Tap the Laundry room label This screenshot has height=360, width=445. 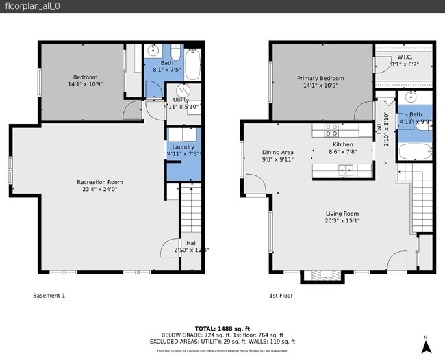click(183, 146)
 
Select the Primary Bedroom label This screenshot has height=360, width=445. click(320, 79)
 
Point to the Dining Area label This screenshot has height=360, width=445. click(277, 152)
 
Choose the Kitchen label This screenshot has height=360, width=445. click(342, 145)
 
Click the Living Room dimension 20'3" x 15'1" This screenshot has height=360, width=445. click(342, 221)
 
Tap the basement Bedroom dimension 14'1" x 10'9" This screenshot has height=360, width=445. click(85, 85)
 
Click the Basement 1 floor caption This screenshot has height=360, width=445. click(49, 296)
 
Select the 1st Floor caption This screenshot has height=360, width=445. click(281, 296)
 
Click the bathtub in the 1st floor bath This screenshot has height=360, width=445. click(414, 152)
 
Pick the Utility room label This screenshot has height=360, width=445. click(181, 100)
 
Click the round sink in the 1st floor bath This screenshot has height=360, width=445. click(412, 97)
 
